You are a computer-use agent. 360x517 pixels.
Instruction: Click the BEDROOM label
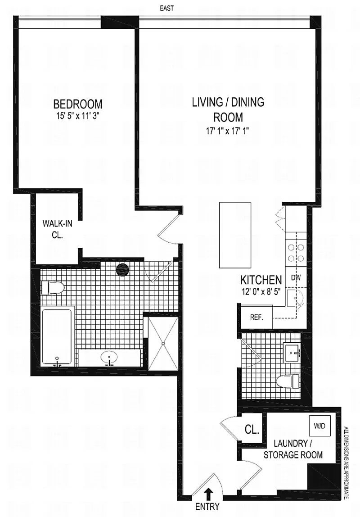click(x=78, y=104)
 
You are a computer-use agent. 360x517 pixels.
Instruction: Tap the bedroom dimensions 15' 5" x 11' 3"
click(x=78, y=116)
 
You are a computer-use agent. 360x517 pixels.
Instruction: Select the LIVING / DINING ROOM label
click(x=228, y=109)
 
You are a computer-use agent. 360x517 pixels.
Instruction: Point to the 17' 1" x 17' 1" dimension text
click(x=228, y=131)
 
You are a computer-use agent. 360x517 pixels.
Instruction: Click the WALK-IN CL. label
click(x=57, y=229)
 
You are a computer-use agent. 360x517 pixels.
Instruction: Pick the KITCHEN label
click(x=261, y=280)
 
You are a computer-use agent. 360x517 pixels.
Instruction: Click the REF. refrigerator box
click(x=256, y=317)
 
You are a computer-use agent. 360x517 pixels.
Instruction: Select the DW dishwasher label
click(x=296, y=277)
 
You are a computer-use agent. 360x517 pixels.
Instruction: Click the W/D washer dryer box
click(x=319, y=426)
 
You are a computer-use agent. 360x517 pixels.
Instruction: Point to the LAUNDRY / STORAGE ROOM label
click(x=293, y=449)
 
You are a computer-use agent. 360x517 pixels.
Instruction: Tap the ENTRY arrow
click(x=208, y=495)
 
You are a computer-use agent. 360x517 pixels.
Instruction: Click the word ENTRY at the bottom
click(x=207, y=507)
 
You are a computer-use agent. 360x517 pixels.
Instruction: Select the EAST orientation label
click(x=166, y=9)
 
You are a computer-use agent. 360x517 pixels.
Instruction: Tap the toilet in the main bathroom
click(x=52, y=287)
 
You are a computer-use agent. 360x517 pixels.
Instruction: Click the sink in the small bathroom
click(x=292, y=352)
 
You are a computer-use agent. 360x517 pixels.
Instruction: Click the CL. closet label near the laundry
click(x=252, y=430)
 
